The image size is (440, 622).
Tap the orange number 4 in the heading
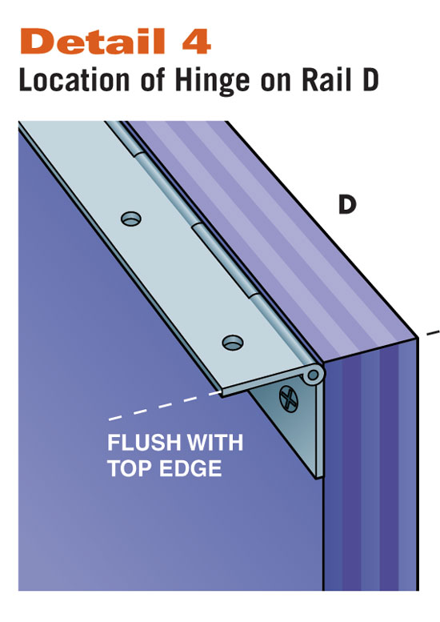point(196,42)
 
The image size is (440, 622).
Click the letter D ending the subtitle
point(368,80)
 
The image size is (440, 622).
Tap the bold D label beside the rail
point(347,205)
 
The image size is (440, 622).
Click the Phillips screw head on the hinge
point(288,399)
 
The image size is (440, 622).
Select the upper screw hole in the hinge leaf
point(131,219)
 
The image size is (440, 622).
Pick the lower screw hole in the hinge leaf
point(233,342)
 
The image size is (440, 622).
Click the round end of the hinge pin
point(313,375)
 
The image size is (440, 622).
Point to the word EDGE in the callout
point(190,468)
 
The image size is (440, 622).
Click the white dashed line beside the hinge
point(165,405)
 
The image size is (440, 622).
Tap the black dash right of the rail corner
point(433,333)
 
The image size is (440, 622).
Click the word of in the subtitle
point(152,80)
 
